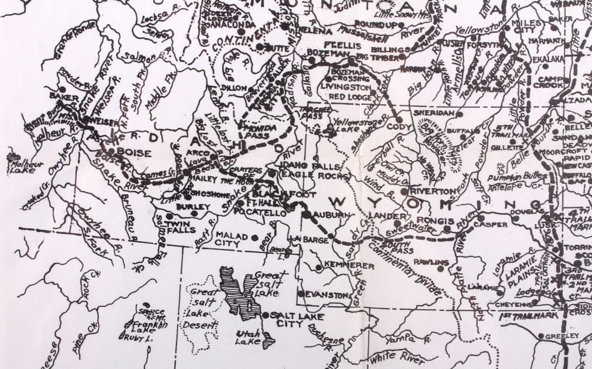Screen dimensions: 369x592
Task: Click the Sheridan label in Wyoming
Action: tap(434, 112)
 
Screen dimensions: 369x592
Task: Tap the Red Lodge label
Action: tap(349, 96)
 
